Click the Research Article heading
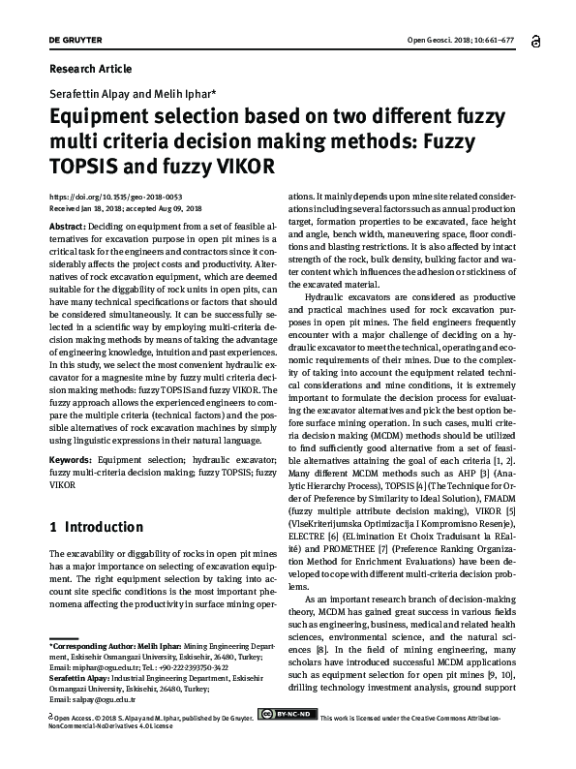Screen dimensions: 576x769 (90, 70)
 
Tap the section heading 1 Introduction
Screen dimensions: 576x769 (96, 528)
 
